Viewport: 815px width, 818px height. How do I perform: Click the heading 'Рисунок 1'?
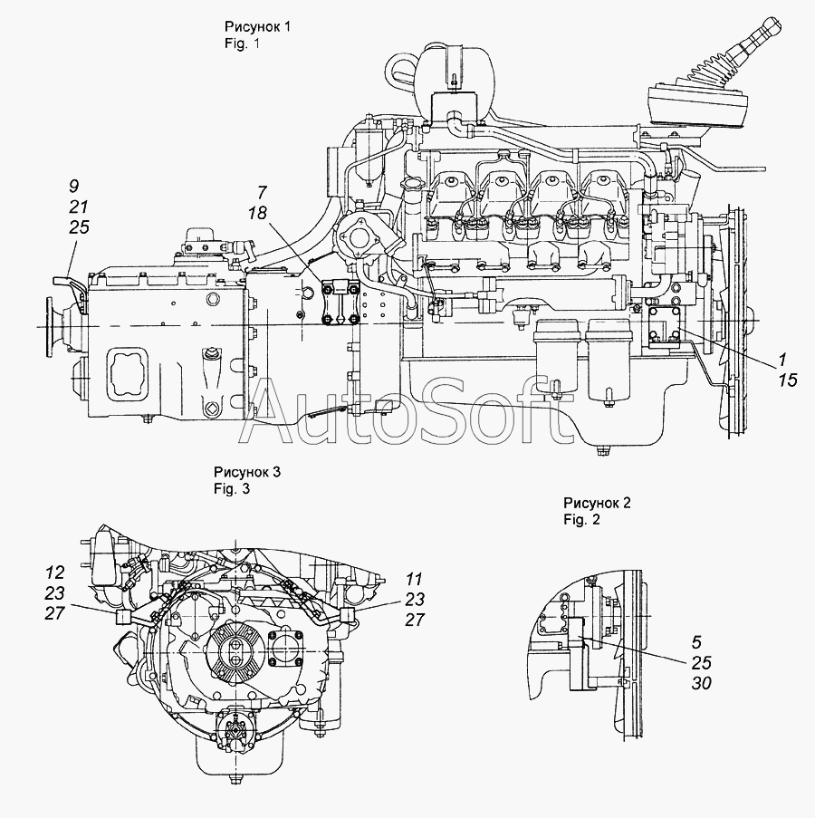[x=257, y=26]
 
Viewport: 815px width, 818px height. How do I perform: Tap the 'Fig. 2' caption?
[x=581, y=520]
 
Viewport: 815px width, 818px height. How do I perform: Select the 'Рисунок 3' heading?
[x=246, y=472]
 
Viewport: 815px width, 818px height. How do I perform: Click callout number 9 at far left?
[x=73, y=187]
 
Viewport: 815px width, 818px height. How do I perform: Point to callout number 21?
[x=78, y=207]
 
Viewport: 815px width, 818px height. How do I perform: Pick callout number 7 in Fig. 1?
[x=263, y=193]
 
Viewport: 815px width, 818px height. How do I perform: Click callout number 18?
[x=257, y=213]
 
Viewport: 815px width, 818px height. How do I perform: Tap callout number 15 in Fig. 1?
[x=788, y=380]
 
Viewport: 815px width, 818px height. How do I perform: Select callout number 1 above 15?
[x=782, y=360]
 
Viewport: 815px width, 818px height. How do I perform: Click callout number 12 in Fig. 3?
[x=54, y=573]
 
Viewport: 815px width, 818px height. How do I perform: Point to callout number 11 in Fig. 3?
[x=414, y=579]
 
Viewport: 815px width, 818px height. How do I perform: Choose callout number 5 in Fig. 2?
[x=697, y=642]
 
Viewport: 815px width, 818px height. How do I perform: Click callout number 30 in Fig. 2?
[x=702, y=683]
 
